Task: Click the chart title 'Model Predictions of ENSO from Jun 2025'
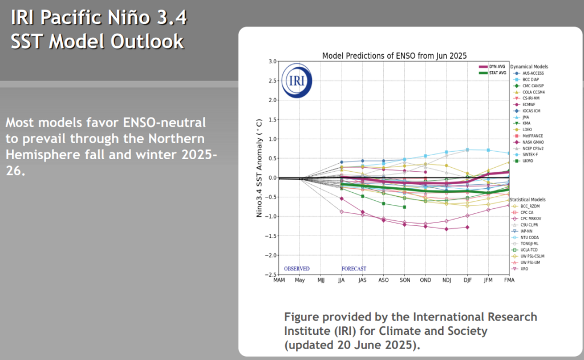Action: click(395, 56)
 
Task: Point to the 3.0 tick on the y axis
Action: click(272, 62)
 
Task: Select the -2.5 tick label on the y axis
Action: click(270, 275)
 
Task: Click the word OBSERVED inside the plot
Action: click(297, 268)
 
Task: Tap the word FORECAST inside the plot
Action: click(354, 268)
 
